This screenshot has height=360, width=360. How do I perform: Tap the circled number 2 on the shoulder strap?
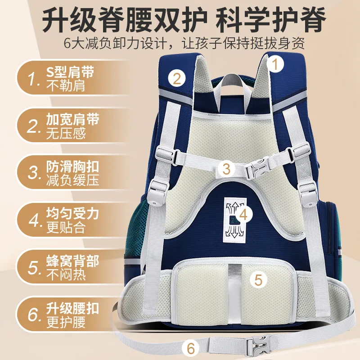(177, 79)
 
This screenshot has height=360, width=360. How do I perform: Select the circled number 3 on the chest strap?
(227, 169)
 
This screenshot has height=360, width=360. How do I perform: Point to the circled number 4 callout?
(243, 215)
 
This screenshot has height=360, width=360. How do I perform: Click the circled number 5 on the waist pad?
(258, 279)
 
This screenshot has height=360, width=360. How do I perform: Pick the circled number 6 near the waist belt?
(191, 348)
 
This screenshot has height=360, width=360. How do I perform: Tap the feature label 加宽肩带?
(72, 121)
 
